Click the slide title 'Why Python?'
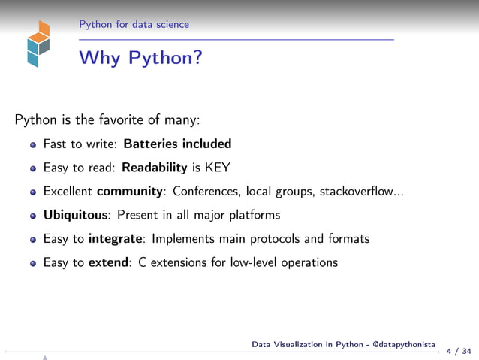(x=140, y=58)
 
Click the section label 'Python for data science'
(x=134, y=25)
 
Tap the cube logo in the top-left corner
(x=38, y=44)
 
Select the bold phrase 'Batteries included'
(x=177, y=144)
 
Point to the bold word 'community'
(x=130, y=192)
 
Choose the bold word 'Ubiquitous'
(x=76, y=216)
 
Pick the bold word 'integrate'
(x=116, y=239)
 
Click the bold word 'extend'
(x=110, y=263)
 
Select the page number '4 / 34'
(x=459, y=351)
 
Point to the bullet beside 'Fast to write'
(x=33, y=144)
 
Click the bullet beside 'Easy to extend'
(x=33, y=264)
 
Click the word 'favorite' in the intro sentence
(x=116, y=119)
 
